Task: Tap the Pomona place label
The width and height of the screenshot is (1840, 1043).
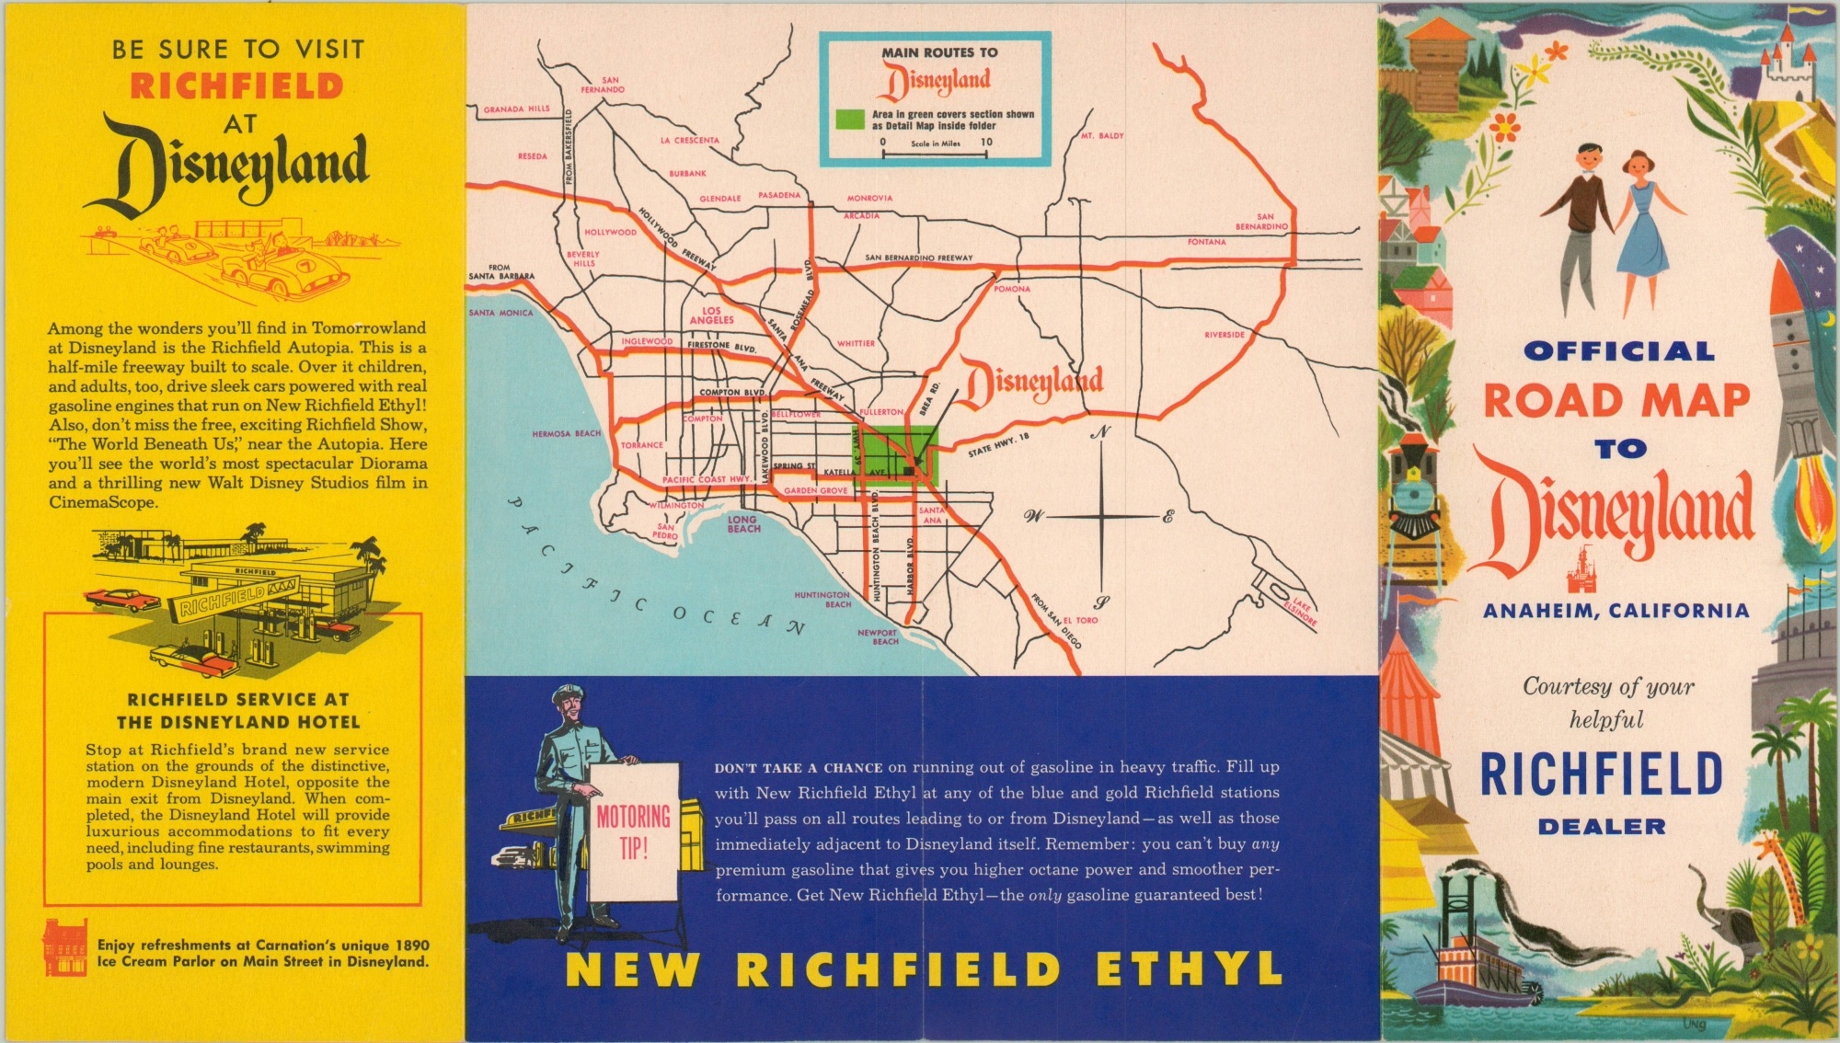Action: click(1012, 289)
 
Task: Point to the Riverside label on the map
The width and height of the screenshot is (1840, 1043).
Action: click(1224, 335)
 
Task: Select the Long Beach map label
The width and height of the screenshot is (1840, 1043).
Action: click(743, 524)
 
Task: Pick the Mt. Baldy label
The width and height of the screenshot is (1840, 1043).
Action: click(1102, 135)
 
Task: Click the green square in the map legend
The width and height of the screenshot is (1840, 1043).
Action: click(850, 120)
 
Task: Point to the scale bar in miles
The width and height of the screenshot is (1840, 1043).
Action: click(935, 154)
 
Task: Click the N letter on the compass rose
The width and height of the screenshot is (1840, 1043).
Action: click(1101, 432)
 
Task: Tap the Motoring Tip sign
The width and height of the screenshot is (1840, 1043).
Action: click(634, 831)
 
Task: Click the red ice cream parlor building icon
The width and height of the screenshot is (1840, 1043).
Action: click(64, 947)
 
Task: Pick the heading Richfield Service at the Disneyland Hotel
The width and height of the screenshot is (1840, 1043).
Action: click(237, 711)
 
